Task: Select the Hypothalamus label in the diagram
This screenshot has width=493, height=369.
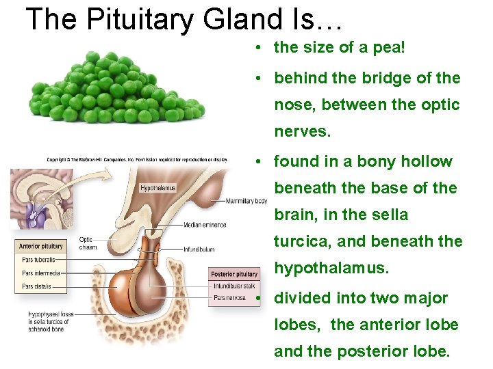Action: (x=158, y=188)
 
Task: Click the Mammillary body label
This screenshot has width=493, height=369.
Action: (x=247, y=202)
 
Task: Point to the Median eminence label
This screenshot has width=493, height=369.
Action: (x=205, y=225)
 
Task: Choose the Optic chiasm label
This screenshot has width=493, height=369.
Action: (x=88, y=243)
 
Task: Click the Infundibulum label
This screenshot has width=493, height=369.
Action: (x=199, y=249)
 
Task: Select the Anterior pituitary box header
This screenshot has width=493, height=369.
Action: (x=41, y=246)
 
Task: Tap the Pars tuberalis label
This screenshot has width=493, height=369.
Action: (x=38, y=260)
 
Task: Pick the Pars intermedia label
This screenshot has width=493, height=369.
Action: (x=40, y=273)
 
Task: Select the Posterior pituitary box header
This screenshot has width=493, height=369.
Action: (x=234, y=275)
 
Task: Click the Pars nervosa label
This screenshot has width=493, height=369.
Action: (x=229, y=298)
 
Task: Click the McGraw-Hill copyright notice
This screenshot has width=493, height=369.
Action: (x=136, y=160)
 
